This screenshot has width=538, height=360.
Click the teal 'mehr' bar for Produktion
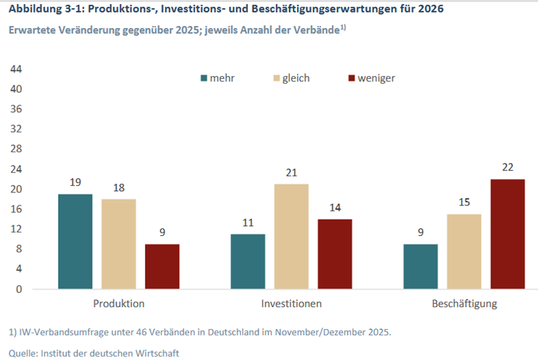(x=75, y=242)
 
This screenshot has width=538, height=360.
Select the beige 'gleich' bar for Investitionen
(x=291, y=236)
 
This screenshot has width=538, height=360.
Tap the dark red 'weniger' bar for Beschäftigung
(x=507, y=234)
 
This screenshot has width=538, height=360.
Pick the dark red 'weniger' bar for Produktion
(x=162, y=266)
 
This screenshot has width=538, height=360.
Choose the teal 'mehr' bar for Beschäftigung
(x=421, y=266)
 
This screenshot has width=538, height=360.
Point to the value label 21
(x=291, y=173)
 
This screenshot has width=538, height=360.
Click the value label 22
(x=507, y=168)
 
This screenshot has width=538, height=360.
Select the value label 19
(x=75, y=183)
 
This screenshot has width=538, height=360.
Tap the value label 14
(x=334, y=208)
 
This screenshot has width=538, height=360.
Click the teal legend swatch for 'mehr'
(x=204, y=78)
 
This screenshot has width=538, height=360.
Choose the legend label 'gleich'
(x=296, y=78)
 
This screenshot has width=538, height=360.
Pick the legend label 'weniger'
(x=376, y=78)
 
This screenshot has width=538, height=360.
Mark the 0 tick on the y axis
(x=19, y=289)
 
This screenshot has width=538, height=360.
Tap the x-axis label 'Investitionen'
(x=291, y=304)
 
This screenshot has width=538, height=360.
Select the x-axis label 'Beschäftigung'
(x=465, y=304)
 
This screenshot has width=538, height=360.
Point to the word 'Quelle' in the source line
(x=24, y=352)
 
